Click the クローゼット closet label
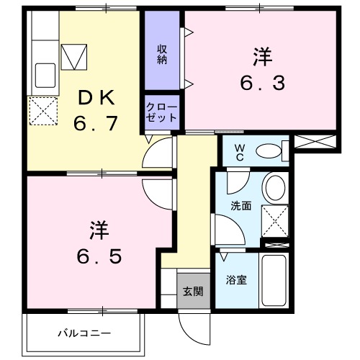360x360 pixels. click(x=158, y=112)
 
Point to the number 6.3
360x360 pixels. click(x=262, y=82)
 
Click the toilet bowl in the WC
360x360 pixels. click(x=268, y=151)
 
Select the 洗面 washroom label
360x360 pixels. click(x=240, y=206)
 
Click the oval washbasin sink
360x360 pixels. click(x=275, y=189)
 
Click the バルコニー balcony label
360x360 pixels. click(x=84, y=334)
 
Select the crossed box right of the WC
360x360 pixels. click(x=315, y=142)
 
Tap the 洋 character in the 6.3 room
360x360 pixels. click(x=262, y=55)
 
